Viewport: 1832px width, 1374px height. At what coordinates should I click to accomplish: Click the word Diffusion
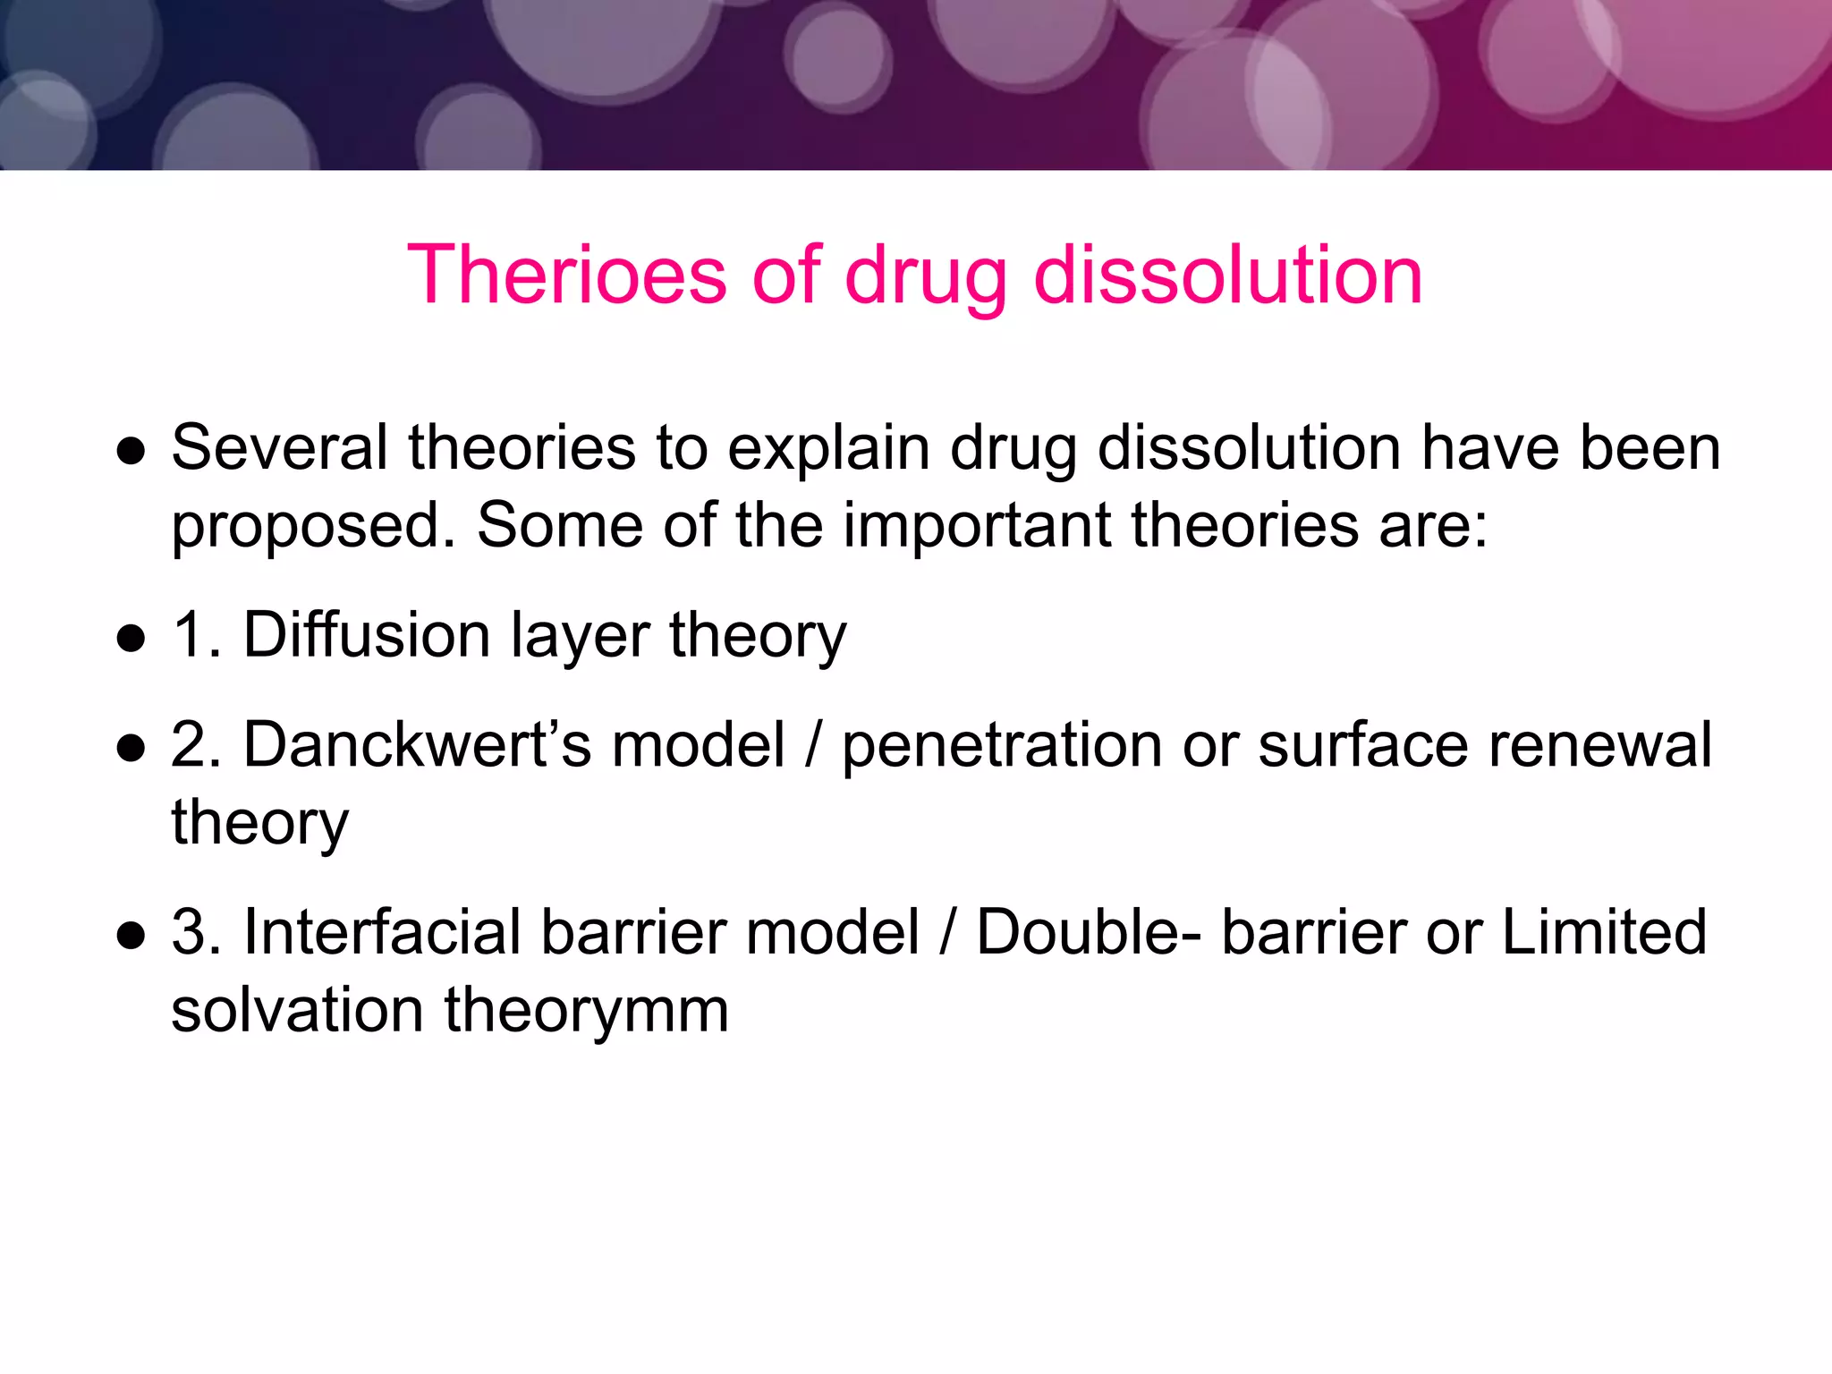[367, 634]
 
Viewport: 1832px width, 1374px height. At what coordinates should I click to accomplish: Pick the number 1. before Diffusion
[196, 634]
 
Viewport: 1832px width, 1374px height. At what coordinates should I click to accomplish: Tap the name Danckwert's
[417, 744]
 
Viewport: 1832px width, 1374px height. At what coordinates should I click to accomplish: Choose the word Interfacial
[382, 932]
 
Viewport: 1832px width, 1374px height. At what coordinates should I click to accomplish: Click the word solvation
[297, 1010]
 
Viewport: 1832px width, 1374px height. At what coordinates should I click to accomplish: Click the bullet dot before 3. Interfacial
[131, 936]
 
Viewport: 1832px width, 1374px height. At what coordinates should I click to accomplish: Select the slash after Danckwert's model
[813, 744]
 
